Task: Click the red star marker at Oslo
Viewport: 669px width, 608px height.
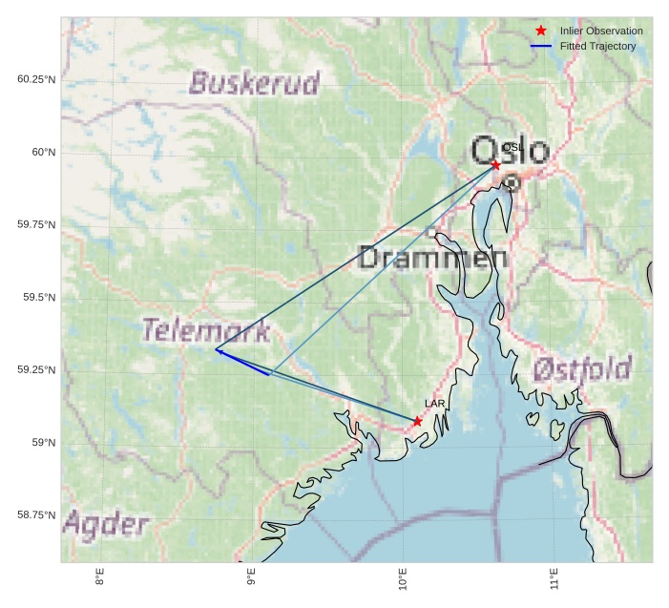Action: point(495,165)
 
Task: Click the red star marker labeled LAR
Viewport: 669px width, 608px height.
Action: point(418,421)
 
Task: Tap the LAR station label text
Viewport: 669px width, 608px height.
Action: point(435,405)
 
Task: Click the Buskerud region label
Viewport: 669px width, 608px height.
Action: point(254,83)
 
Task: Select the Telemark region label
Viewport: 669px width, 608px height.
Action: point(206,331)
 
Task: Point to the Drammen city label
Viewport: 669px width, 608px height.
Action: point(432,257)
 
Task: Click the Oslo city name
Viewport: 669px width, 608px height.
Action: point(511,151)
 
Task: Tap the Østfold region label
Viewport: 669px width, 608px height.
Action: point(582,368)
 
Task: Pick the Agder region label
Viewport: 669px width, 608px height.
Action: point(106,524)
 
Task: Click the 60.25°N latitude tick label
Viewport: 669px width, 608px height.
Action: point(36,79)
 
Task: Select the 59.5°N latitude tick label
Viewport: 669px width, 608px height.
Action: point(39,298)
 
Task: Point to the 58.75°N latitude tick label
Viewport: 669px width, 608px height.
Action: point(36,515)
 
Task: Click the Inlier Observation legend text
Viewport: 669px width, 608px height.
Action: point(601,31)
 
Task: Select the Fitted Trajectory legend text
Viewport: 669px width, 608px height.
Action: point(597,46)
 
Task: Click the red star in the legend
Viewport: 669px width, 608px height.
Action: point(541,31)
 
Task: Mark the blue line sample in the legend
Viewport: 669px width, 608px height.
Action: point(541,46)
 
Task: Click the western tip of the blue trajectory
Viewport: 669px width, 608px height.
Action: point(216,350)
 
